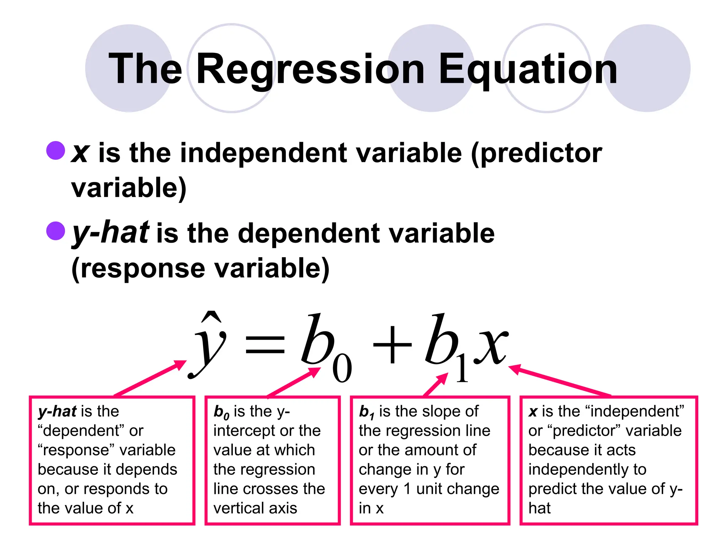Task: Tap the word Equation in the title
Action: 528,69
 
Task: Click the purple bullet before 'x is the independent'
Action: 56,150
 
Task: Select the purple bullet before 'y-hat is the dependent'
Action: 56,231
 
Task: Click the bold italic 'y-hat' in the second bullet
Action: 110,232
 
